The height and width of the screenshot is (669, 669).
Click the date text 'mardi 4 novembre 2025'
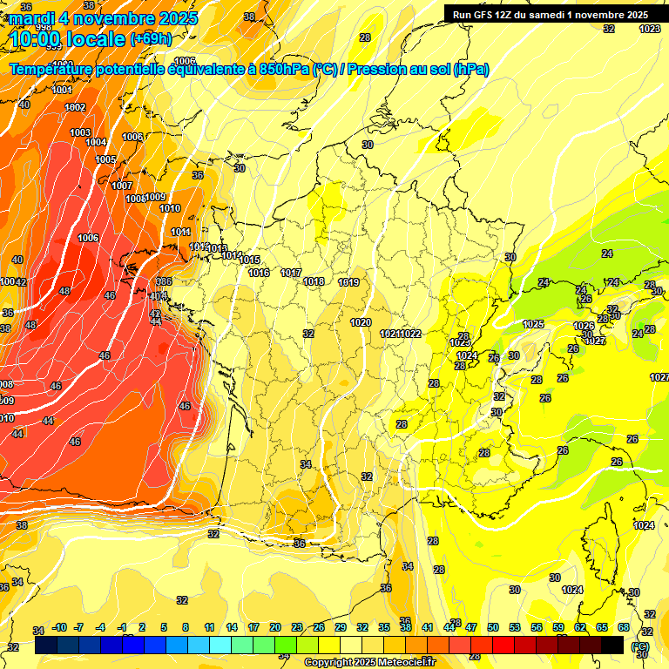pos(104,17)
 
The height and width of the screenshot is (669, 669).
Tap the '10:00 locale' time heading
pos(68,38)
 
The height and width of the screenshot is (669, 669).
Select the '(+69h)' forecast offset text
pos(151,39)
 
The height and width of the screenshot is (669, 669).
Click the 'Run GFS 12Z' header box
pos(547,15)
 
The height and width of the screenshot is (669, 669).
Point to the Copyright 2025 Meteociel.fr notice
pos(370,662)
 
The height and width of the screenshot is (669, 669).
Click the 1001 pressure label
pos(62,90)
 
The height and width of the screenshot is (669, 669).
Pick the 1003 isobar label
pos(80,132)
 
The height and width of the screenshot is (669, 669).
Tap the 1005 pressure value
pos(105,159)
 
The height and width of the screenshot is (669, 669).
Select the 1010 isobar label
pos(170,208)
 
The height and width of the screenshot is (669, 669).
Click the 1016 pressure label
pos(259,273)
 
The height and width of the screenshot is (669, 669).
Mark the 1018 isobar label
pos(314,281)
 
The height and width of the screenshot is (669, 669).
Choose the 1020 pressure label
pos(361,322)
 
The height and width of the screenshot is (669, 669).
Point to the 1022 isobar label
pos(411,334)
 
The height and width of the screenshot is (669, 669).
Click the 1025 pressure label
pos(533,324)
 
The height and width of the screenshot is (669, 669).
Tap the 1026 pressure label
pos(584,326)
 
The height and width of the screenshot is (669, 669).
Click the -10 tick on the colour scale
pos(60,627)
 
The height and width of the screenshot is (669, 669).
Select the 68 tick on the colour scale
pos(624,627)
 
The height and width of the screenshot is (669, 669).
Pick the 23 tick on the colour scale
pos(297,627)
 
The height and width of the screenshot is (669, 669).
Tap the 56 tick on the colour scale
pos(537,627)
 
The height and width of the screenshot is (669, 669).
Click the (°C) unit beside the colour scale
pos(642,645)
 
